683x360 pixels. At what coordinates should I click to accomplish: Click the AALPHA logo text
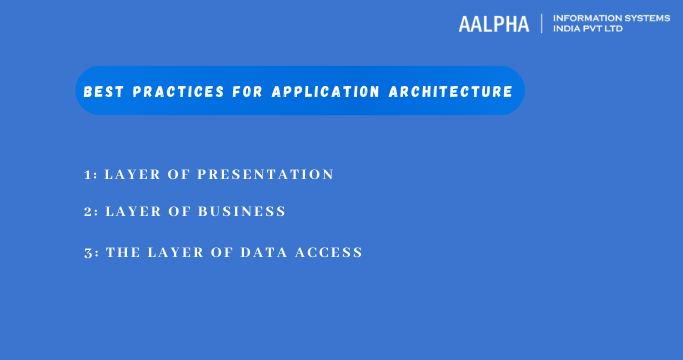coord(493,25)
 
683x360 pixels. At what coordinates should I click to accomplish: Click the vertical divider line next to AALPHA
coord(541,24)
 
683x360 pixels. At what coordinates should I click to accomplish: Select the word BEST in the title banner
coord(99,92)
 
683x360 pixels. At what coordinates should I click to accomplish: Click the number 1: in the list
coord(90,174)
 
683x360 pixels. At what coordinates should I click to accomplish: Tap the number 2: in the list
coord(90,212)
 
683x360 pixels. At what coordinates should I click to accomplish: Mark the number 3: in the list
coord(90,252)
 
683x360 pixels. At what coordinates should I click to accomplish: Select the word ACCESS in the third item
coord(330,252)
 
